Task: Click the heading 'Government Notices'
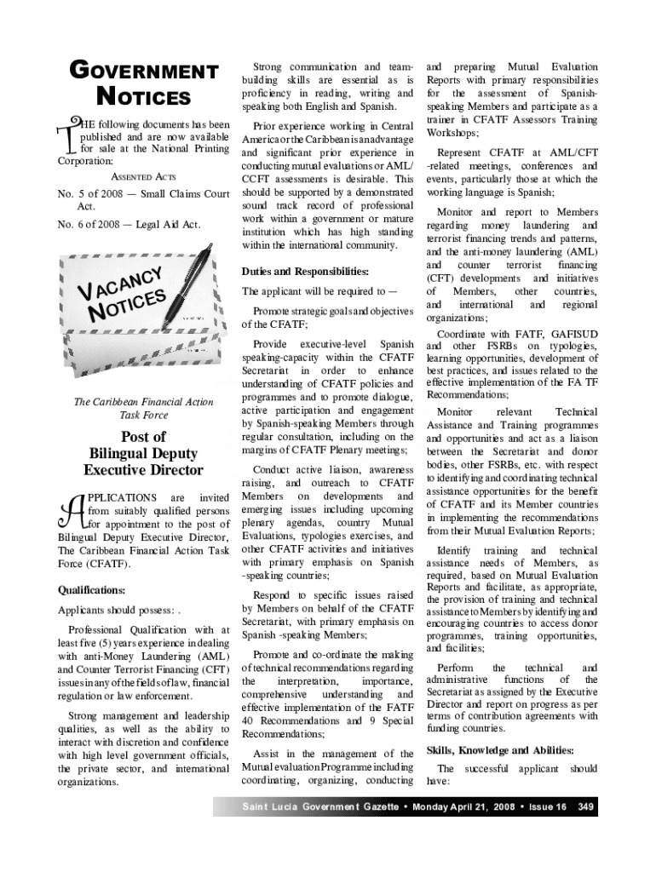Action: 142,83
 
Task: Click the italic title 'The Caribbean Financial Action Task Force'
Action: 142,409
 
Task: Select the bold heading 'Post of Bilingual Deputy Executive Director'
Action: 142,453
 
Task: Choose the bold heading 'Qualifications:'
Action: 91,589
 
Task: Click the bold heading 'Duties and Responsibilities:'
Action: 304,272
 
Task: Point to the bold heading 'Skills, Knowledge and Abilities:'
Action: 500,750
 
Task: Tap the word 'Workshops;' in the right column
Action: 453,134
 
